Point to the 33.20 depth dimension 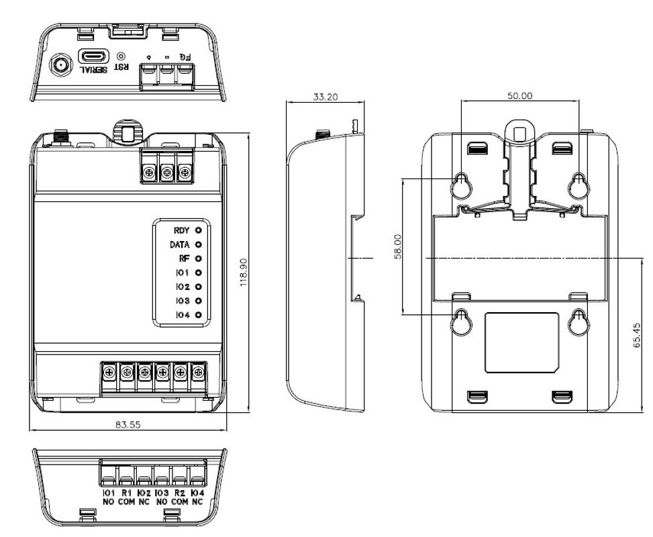click(325, 97)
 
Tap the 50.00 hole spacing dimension click(519, 95)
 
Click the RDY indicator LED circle click(198, 230)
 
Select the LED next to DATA click(198, 244)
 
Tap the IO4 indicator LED click(198, 314)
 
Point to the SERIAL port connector click(91, 57)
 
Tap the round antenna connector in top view click(58, 64)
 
